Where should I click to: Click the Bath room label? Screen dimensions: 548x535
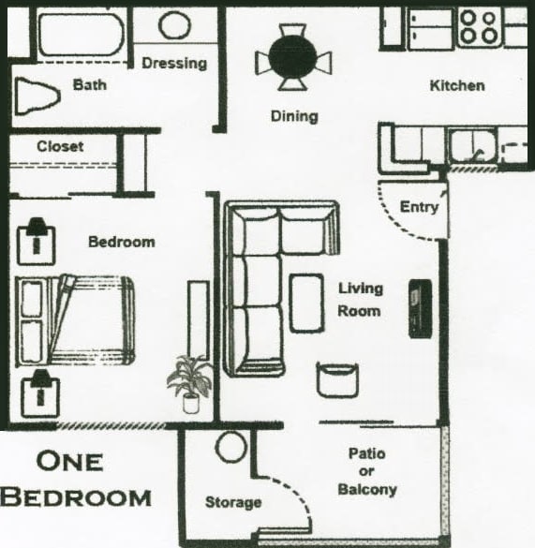pos(89,85)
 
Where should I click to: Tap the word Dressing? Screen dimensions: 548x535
pos(173,64)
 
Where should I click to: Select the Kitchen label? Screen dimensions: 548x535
pos(456,86)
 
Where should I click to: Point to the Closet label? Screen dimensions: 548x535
pos(60,146)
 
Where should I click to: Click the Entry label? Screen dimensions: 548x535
pos(418,207)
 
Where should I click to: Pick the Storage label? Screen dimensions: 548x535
pos(233,503)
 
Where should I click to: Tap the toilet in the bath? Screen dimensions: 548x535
pos(37,94)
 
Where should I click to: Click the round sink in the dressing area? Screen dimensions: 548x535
pos(174,25)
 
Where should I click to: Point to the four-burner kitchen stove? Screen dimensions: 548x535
pos(479,27)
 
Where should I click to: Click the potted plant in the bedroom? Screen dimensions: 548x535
pos(189,383)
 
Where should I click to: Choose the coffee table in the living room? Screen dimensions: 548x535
pos(306,302)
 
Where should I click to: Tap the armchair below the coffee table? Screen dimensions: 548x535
pos(336,378)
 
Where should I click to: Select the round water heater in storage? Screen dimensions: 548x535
pos(230,447)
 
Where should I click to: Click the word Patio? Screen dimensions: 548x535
pos(366,454)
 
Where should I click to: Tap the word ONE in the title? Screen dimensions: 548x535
pos(69,461)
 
